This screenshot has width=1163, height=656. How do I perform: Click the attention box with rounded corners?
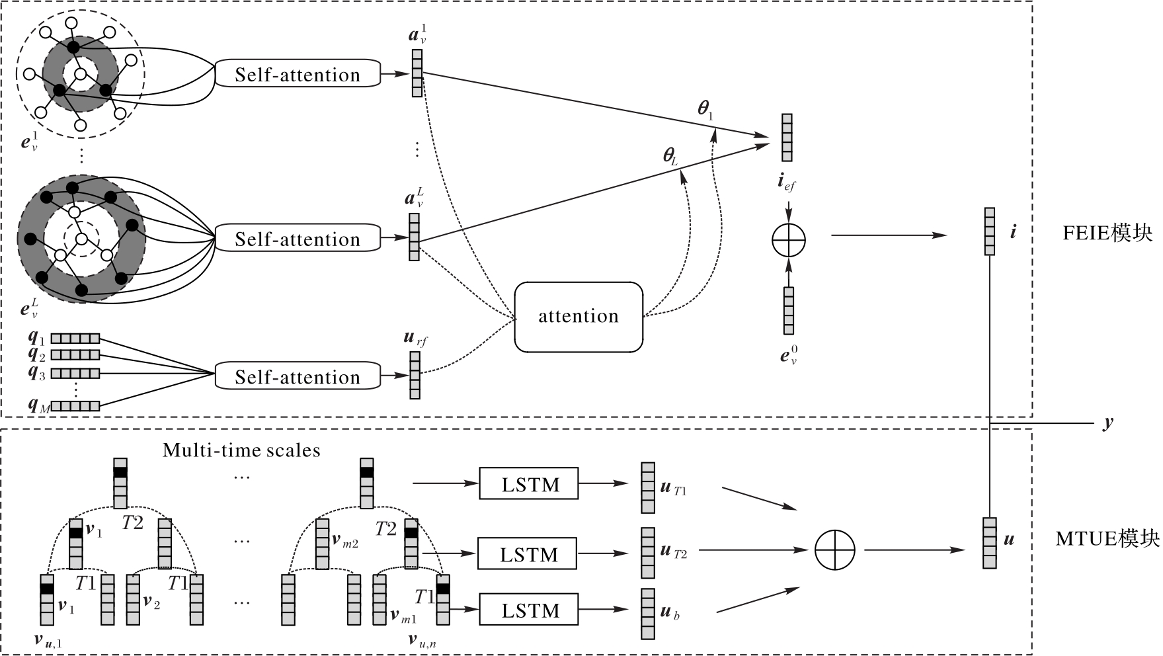point(578,317)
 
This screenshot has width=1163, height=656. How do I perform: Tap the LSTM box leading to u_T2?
point(527,553)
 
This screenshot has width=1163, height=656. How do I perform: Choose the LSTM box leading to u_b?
point(528,610)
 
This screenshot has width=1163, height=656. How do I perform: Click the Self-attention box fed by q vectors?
point(298,376)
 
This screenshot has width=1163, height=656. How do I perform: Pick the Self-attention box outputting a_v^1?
point(298,74)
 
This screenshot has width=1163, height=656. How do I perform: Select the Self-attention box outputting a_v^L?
point(298,239)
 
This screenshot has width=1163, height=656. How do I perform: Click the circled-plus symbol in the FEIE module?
point(788,239)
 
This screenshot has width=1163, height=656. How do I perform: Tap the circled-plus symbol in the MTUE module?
point(834,550)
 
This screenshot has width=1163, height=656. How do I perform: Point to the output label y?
point(1108,423)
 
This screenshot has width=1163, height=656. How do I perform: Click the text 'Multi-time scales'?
point(241,450)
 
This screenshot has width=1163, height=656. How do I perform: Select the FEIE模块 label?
point(1107,233)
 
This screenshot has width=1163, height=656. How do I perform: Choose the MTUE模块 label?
point(1107,539)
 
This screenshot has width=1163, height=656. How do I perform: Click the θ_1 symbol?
point(705,109)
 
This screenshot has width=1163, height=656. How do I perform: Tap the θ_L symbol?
point(670,156)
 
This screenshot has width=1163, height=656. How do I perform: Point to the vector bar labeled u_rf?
point(415,375)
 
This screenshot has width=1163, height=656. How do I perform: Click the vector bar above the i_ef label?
point(787,138)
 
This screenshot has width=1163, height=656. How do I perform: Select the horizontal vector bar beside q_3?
point(75,373)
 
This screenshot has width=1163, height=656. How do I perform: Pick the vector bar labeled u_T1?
point(647,488)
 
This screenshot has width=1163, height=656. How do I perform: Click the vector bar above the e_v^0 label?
point(788,311)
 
